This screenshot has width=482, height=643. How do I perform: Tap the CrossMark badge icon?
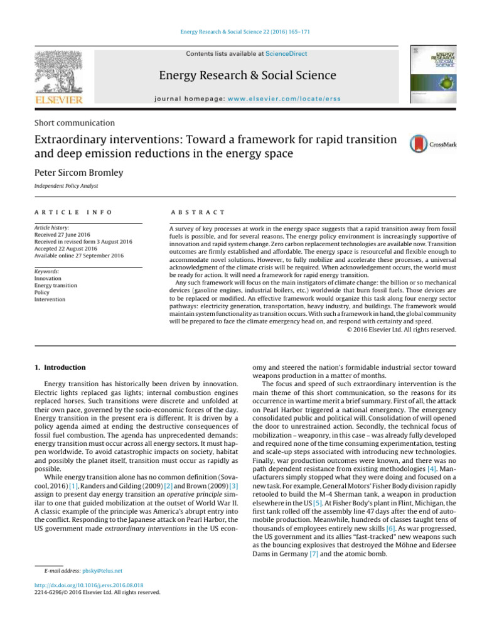(432, 144)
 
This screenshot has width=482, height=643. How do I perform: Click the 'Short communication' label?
(73, 123)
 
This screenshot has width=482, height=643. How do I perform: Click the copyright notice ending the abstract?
(401, 328)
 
